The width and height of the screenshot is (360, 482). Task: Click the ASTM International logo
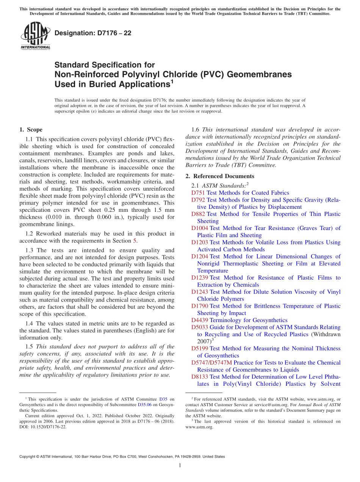click(x=35, y=36)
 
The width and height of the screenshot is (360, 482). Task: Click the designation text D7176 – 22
click(x=93, y=33)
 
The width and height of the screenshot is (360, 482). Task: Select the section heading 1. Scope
click(x=31, y=130)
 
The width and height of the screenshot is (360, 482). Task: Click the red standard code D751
click(x=198, y=193)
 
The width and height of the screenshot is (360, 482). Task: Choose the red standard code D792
click(x=198, y=200)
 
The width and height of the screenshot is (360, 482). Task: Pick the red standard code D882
click(x=198, y=214)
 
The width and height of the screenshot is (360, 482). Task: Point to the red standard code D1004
click(x=200, y=228)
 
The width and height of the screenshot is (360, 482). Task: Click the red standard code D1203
click(x=200, y=242)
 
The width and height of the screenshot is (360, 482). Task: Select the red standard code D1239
click(x=200, y=278)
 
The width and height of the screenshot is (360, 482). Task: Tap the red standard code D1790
click(x=200, y=306)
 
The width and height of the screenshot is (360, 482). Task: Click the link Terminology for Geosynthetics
click(x=248, y=320)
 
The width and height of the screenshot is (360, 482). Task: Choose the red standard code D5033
click(x=200, y=327)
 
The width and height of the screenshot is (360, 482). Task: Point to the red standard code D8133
click(x=200, y=377)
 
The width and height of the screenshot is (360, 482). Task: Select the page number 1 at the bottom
click(x=180, y=466)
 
